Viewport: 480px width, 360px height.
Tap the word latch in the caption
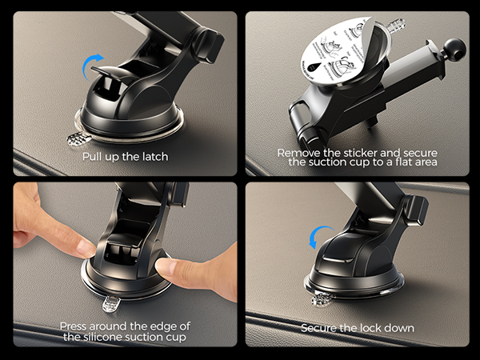coord(152,156)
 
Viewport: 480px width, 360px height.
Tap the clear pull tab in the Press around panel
coord(110,304)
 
